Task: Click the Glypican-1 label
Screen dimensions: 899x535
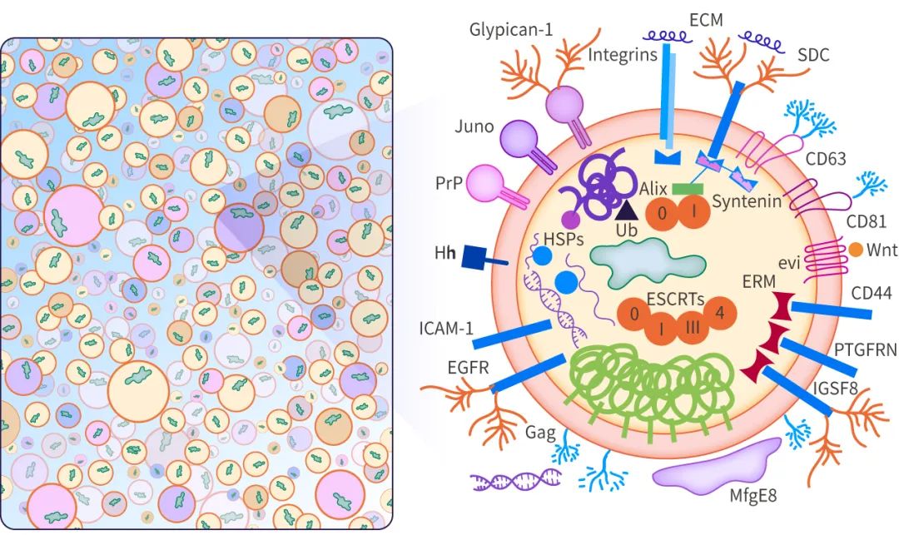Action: point(511,29)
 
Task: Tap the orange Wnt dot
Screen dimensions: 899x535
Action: point(856,250)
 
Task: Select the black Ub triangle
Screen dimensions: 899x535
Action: point(626,211)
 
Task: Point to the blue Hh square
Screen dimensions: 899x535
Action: point(474,256)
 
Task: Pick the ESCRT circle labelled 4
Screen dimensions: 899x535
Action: point(720,314)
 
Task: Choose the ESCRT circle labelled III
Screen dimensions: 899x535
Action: point(693,327)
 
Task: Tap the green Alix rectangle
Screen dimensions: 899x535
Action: point(688,189)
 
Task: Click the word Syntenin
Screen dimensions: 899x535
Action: point(747,201)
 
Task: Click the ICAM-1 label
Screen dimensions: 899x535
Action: point(446,329)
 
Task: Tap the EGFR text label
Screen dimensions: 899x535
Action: point(469,367)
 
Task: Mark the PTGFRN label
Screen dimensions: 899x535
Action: point(865,349)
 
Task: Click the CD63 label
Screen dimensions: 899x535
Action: point(826,159)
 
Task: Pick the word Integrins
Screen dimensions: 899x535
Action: point(623,55)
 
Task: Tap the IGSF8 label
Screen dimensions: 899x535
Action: point(836,389)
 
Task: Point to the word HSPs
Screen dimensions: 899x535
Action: point(563,239)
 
